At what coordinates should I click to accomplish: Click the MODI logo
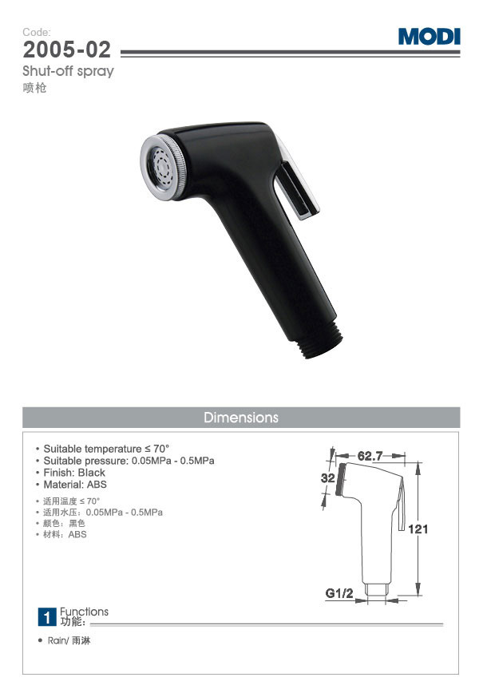(429, 37)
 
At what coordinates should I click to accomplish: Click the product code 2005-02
(66, 50)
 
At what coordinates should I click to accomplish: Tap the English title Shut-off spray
(68, 71)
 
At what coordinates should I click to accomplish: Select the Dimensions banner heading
(241, 418)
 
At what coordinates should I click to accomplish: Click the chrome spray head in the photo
(163, 168)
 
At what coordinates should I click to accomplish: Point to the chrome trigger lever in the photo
(296, 180)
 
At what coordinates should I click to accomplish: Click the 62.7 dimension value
(370, 456)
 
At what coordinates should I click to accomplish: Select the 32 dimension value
(327, 478)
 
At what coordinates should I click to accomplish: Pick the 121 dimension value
(418, 529)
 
